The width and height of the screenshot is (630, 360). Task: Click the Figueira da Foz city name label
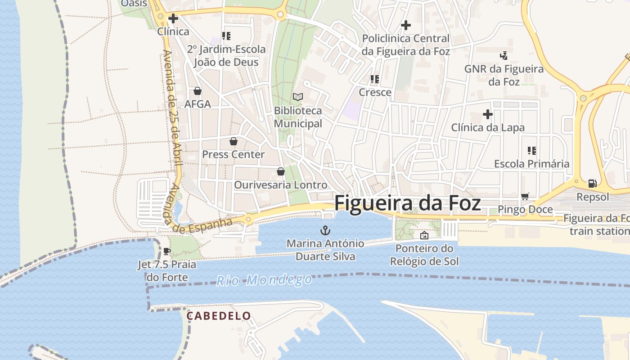pos(407,203)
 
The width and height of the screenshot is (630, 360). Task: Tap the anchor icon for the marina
pos(325,231)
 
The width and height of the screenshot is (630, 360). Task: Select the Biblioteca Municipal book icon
pos(298,97)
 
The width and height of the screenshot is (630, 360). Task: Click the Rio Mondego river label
pos(264,280)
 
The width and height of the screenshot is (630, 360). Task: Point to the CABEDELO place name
pos(219,316)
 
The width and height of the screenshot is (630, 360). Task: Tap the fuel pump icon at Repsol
pos(592,184)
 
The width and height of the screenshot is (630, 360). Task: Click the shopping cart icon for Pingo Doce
pos(525,196)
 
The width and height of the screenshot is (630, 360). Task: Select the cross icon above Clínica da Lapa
pos(487,114)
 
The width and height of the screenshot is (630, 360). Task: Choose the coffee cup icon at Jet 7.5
pos(167,251)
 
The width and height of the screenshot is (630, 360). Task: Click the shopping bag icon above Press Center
pos(233,141)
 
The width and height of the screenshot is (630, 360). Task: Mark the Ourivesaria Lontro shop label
pos(280,185)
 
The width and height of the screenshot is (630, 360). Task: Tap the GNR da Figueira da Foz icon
pos(504,56)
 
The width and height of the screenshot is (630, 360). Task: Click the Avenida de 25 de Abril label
pos(172,108)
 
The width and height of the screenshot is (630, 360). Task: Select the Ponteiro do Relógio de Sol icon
pos(424,235)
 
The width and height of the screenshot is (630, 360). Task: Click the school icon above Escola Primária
pos(531,151)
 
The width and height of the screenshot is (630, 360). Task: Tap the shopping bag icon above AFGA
pos(197,91)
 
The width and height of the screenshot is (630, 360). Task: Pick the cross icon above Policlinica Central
pos(405,25)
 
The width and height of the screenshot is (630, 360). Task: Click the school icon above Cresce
pos(374,79)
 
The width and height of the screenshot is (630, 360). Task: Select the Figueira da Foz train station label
pos(598,225)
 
